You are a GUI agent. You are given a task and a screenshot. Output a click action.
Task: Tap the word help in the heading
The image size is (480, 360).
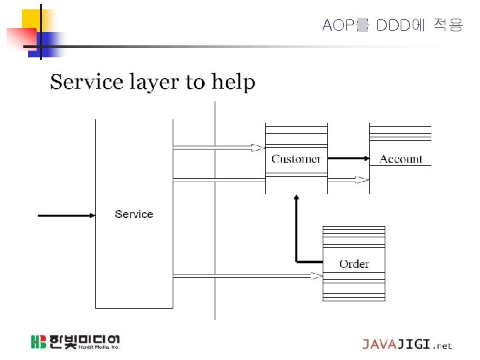pos(233,83)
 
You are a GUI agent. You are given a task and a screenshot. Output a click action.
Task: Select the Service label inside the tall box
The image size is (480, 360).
pos(134,214)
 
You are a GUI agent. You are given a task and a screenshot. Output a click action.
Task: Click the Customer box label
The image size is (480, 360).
pos(296,159)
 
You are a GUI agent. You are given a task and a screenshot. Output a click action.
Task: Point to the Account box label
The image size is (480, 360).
pos(401,159)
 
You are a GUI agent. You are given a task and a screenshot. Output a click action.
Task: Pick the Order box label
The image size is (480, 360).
pos(354,264)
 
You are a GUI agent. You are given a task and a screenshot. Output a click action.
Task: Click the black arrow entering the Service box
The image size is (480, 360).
pos(67,215)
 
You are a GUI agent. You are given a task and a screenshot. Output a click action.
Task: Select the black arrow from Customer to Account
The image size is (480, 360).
pos(349,159)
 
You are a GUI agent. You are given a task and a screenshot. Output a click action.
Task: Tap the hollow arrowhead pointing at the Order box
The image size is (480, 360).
pos(316,275)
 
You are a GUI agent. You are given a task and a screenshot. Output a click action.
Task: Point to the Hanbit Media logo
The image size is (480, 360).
pos(75,342)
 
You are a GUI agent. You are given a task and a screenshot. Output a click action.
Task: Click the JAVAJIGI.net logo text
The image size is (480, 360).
pos(407,345)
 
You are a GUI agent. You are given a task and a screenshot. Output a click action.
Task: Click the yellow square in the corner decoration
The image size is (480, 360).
pos(31,19)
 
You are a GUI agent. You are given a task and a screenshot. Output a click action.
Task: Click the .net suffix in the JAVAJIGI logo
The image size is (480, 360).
pos(442,345)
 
